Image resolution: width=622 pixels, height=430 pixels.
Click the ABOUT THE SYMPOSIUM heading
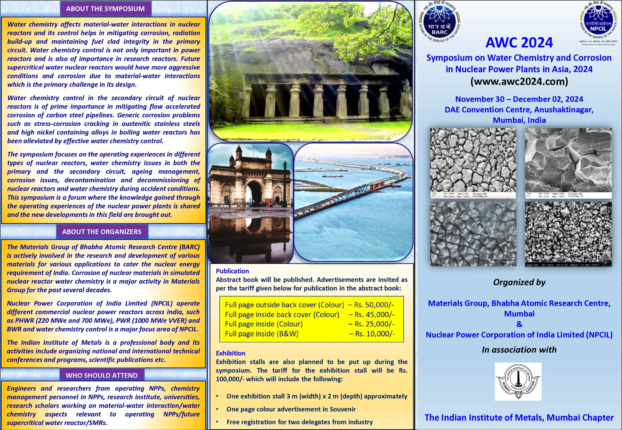(x=105, y=9)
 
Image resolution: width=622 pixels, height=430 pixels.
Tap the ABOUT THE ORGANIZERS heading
(x=102, y=232)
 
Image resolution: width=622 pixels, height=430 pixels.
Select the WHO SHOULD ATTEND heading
(x=102, y=375)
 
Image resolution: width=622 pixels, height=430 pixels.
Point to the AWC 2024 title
(x=519, y=42)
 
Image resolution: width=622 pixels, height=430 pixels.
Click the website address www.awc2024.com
(x=519, y=81)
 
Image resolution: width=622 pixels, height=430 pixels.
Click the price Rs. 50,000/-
(x=374, y=305)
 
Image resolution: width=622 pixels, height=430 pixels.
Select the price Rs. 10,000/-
(x=375, y=334)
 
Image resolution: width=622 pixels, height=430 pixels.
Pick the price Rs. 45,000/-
(x=374, y=314)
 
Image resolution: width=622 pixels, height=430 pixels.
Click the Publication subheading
(x=232, y=271)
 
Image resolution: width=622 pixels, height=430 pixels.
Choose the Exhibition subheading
(x=231, y=353)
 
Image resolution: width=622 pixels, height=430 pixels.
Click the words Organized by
(x=519, y=282)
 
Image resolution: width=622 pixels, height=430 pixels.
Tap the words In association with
(x=519, y=350)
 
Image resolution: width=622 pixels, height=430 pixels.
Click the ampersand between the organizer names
(x=519, y=324)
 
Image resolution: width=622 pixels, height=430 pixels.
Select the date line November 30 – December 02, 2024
(x=519, y=99)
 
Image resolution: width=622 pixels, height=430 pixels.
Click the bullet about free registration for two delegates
(x=299, y=422)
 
